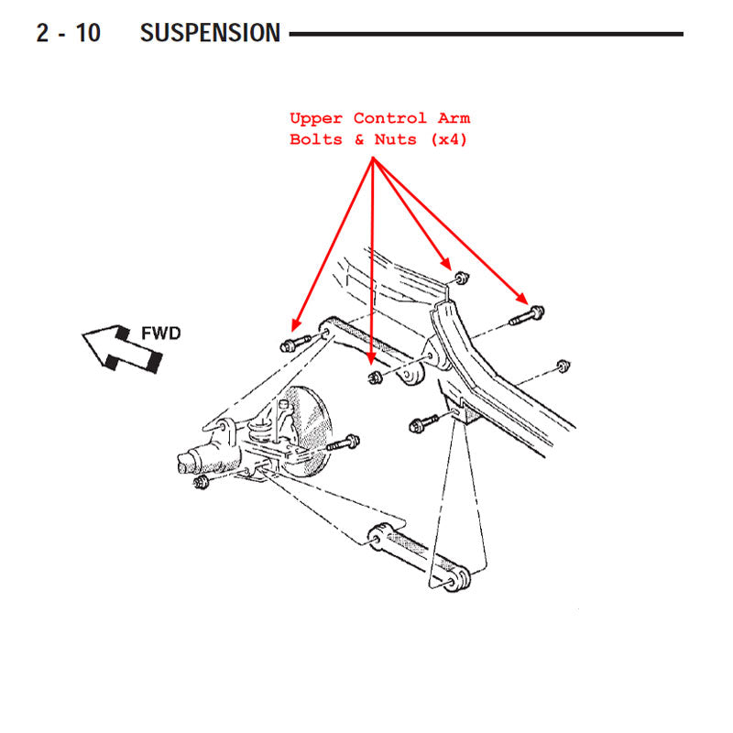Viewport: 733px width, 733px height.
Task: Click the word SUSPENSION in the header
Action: coord(210,33)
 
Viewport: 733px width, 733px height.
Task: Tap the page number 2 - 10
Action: coord(68,33)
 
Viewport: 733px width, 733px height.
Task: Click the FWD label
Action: coord(161,334)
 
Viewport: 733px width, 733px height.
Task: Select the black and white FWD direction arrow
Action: coord(123,348)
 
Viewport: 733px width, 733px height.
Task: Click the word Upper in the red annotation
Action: coord(316,118)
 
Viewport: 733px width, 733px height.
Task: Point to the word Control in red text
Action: coord(390,118)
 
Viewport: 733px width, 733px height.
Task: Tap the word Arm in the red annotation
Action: coord(454,118)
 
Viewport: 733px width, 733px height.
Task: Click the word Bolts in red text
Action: coord(316,139)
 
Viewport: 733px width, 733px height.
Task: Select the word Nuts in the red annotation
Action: coord(395,139)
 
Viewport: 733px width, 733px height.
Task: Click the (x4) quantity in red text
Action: coord(448,139)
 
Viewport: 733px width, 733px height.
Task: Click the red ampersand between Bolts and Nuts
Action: coord(359,139)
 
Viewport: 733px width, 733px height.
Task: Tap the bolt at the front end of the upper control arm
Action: coord(295,343)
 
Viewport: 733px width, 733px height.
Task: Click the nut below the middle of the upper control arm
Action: coord(376,377)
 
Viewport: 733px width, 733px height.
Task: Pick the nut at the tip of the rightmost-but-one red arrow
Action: coord(462,278)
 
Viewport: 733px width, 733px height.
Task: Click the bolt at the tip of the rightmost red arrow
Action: coord(527,315)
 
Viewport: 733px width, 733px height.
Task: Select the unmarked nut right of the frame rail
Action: coord(563,366)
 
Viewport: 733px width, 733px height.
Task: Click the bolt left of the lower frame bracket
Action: coord(423,423)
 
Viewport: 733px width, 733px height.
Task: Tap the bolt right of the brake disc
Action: coord(343,443)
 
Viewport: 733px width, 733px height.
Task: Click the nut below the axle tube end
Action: coord(201,482)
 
